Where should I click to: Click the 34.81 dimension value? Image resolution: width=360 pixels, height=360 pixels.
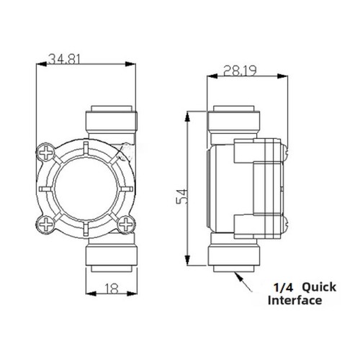tap(64, 59)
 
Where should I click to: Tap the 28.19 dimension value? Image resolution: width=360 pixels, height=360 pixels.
tap(240, 71)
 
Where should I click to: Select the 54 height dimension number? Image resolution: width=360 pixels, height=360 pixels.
tap(181, 197)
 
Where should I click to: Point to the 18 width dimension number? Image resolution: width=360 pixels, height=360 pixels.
tap(112, 289)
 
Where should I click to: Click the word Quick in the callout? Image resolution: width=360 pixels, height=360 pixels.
tap(319, 287)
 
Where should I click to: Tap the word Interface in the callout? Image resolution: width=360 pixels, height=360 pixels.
tap(295, 300)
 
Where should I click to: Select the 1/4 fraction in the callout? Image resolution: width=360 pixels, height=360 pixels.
tap(284, 287)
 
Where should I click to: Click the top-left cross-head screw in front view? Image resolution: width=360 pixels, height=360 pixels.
tap(45, 153)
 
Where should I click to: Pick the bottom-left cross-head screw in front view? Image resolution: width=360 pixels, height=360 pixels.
tap(45, 224)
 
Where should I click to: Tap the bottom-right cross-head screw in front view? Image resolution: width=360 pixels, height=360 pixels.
tap(126, 225)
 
